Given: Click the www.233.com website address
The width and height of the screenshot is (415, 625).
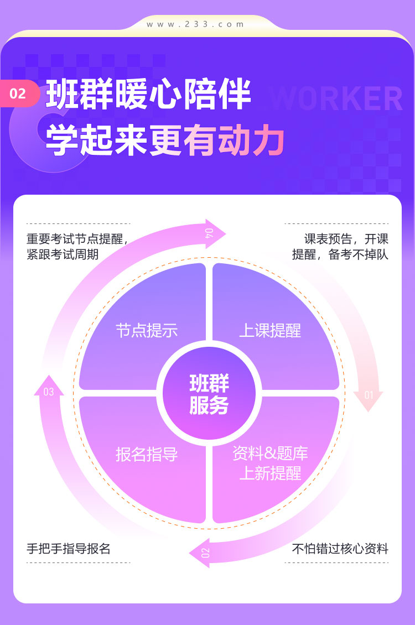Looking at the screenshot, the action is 195,24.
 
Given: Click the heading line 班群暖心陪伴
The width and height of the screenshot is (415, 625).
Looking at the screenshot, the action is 148,95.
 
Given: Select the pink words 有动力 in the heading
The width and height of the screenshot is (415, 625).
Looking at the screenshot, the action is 234,140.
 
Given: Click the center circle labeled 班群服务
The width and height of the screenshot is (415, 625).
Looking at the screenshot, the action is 209,393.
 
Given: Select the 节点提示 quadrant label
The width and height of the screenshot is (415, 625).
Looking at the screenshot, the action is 147,331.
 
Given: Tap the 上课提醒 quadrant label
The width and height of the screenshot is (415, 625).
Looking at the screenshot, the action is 270,331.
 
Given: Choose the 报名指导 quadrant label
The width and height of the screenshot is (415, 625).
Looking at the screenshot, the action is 147,455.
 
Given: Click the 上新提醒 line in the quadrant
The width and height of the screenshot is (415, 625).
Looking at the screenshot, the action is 270,473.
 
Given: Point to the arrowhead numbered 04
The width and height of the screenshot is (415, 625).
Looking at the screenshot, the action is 215,233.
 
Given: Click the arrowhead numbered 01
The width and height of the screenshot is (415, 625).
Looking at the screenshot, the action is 369,400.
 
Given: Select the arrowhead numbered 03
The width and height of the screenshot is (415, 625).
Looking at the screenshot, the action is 49,386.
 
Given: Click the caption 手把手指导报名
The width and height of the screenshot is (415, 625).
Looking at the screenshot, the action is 69,549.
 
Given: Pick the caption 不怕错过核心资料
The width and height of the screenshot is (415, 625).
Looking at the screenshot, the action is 340,549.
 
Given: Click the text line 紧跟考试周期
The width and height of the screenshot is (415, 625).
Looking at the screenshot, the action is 63,254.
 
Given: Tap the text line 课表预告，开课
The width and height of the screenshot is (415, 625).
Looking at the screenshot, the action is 346,239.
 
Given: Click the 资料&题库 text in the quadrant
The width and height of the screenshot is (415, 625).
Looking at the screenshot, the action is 270,453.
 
